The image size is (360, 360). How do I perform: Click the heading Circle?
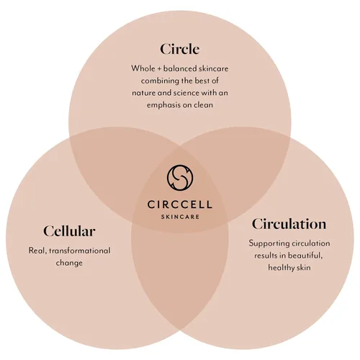point(180,49)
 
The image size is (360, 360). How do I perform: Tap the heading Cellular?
point(69,231)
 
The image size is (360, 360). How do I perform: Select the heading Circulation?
point(289,224)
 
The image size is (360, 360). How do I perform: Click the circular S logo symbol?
point(180,178)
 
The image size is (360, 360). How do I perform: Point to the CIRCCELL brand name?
point(180,204)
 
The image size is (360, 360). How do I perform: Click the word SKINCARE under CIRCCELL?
point(180,217)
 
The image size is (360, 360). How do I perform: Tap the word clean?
point(203,105)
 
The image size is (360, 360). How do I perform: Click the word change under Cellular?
point(69,263)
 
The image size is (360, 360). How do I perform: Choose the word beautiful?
point(305,256)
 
